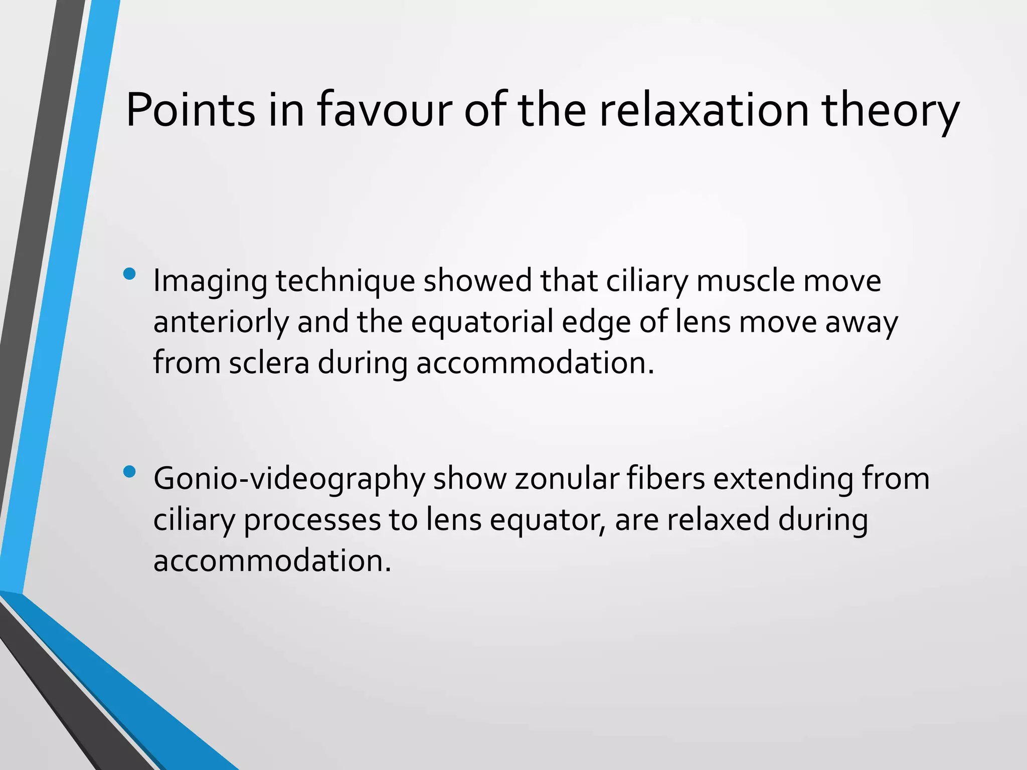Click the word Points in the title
tap(190, 110)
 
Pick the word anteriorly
tap(221, 322)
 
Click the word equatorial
tap(482, 322)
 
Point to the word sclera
tap(269, 362)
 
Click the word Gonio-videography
tap(289, 479)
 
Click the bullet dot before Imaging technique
tap(129, 274)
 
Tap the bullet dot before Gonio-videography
tap(129, 472)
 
